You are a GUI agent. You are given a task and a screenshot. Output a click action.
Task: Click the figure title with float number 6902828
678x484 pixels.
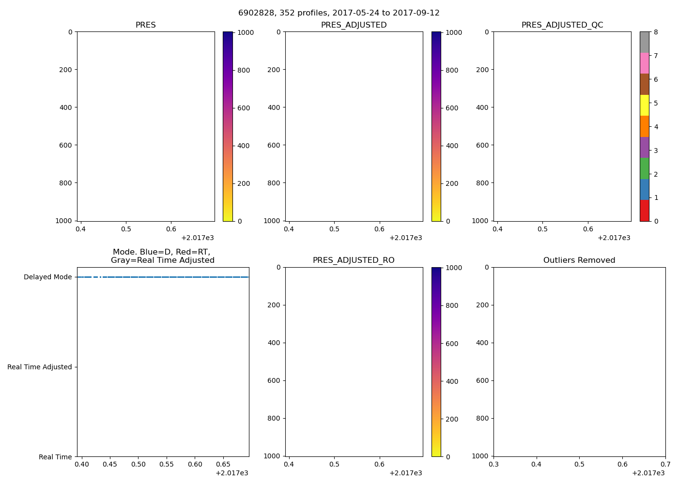tap(339, 13)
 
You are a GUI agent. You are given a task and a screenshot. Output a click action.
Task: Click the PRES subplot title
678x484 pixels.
tap(145, 25)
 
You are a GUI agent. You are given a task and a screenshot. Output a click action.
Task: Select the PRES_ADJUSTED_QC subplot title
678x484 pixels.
tap(562, 25)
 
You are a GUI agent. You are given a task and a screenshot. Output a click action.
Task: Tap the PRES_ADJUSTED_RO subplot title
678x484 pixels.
tap(354, 260)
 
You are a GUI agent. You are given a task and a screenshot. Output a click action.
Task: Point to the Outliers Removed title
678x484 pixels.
tap(579, 260)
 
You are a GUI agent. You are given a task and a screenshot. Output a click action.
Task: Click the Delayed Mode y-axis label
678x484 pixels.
tap(47, 277)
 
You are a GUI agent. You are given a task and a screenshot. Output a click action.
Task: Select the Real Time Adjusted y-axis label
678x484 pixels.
tap(40, 367)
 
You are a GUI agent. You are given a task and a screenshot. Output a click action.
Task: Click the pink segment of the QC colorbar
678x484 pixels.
tap(644, 63)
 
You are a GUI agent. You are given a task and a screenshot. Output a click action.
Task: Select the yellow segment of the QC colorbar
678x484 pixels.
tap(644, 106)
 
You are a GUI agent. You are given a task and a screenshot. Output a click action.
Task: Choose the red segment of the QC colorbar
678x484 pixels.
tap(644, 211)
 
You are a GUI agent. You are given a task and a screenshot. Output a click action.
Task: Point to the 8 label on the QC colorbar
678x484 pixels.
tap(656, 32)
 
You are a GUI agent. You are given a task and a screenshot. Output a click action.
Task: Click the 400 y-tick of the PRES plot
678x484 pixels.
tap(66, 107)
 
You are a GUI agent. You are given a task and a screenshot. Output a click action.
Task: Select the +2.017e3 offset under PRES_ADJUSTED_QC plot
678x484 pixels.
tap(614, 238)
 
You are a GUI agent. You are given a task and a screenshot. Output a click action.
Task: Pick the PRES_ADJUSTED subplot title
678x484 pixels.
tap(354, 25)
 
